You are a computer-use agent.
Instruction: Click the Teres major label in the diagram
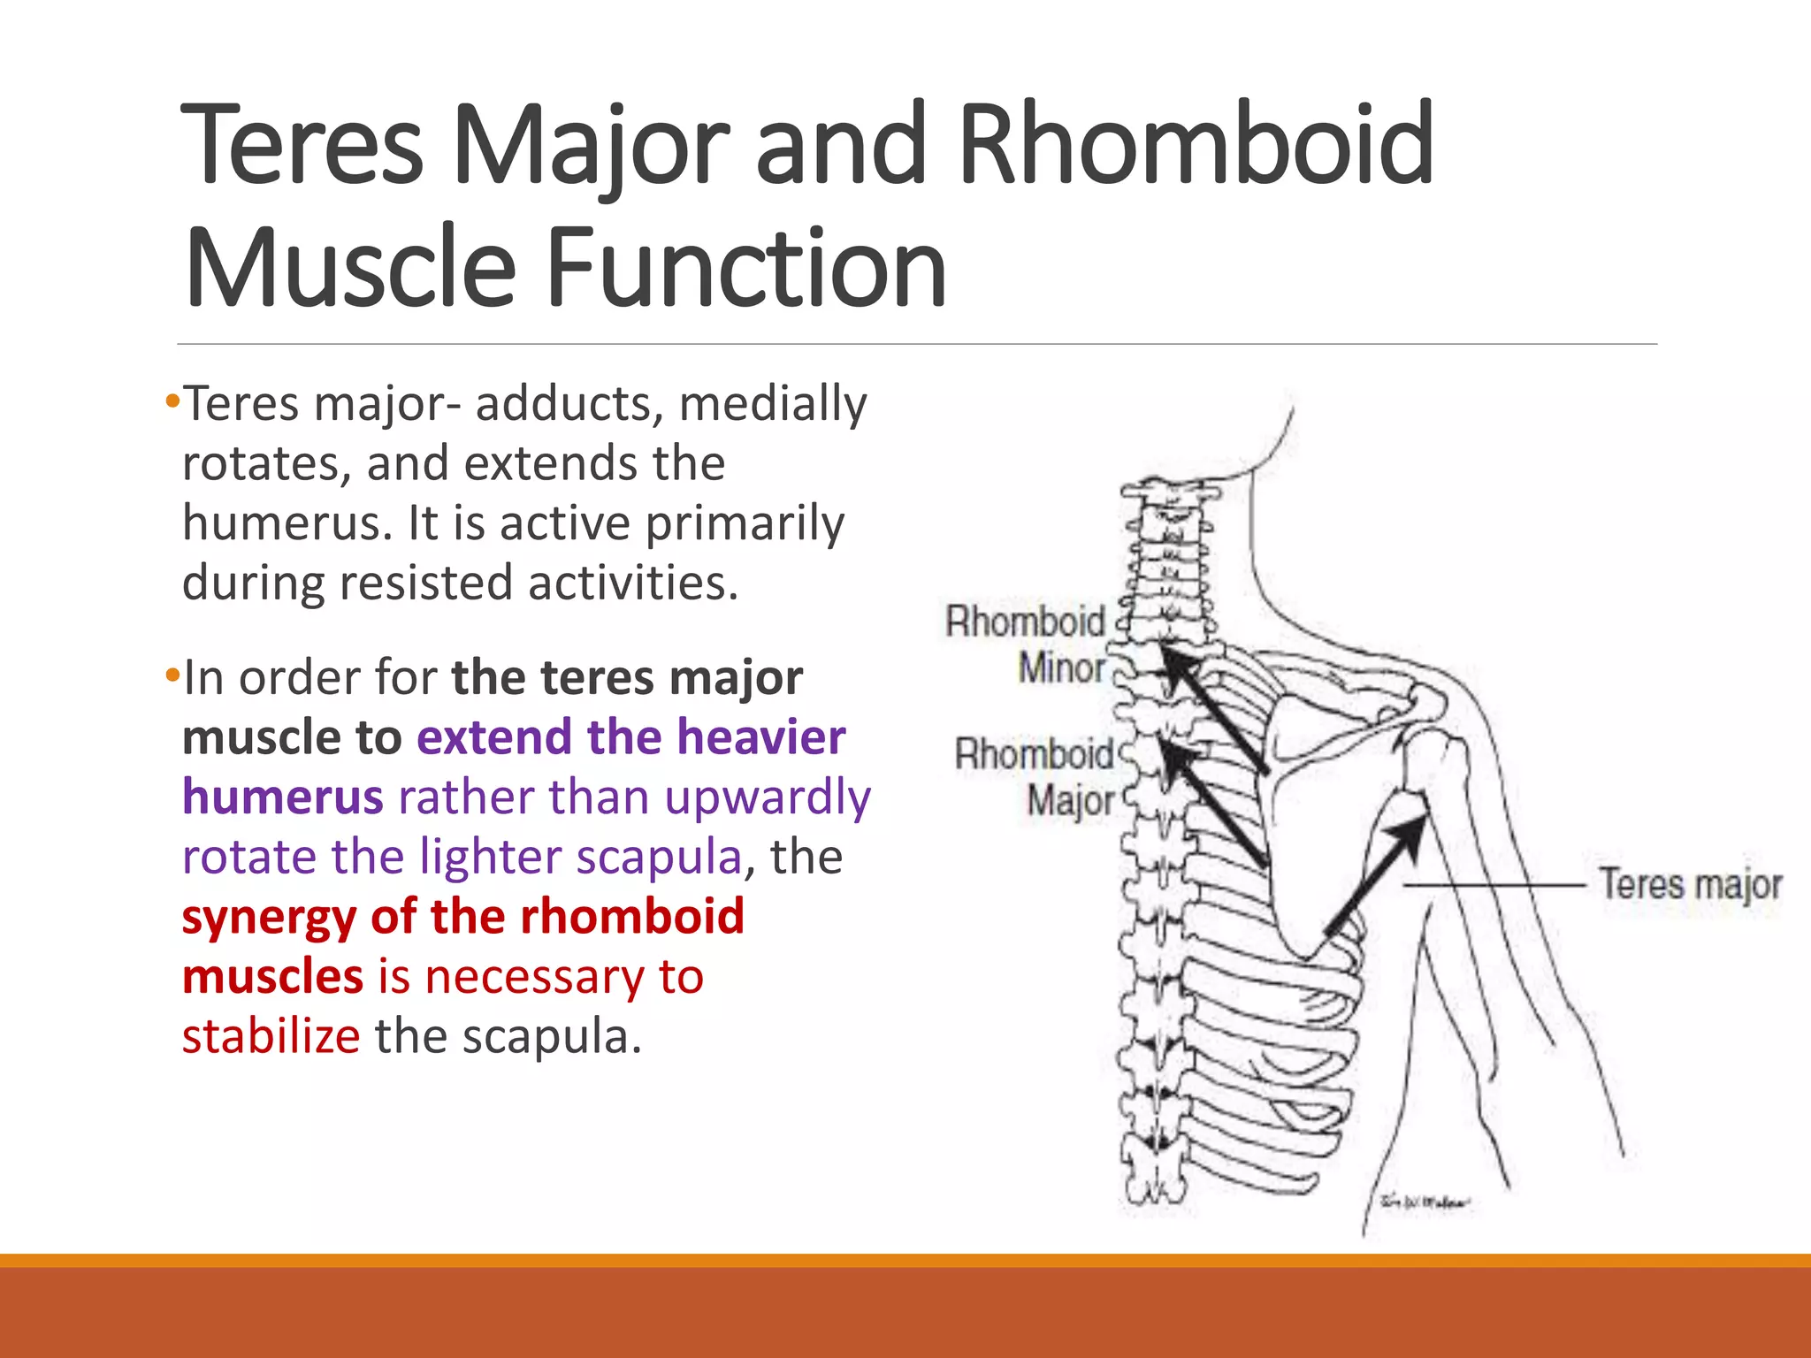click(1690, 884)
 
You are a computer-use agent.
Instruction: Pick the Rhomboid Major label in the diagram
click(1035, 777)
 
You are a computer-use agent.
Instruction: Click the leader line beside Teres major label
click(1494, 884)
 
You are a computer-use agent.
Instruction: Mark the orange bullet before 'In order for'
click(172, 676)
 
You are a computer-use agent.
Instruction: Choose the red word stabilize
click(271, 1036)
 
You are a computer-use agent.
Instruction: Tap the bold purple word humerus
click(282, 797)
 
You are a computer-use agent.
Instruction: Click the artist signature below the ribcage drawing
click(1425, 1201)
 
